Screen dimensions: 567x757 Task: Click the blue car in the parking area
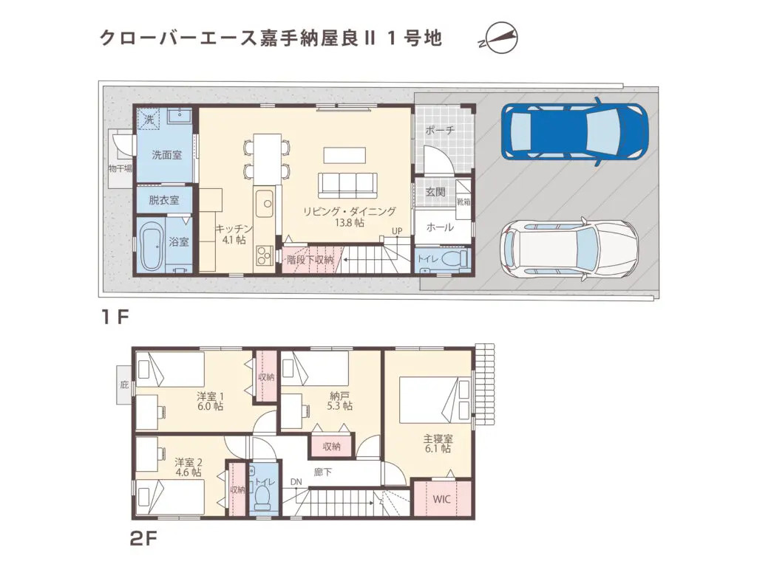574,131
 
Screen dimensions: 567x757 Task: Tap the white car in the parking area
568,249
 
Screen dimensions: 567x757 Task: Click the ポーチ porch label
440,130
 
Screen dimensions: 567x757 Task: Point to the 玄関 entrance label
435,192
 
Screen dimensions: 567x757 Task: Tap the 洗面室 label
166,154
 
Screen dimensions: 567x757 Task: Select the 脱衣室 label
163,199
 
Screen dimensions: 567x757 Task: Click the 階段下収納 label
310,260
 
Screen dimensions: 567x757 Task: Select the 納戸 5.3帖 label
340,400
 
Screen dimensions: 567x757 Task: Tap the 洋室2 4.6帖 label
188,468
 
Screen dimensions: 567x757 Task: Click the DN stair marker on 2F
296,482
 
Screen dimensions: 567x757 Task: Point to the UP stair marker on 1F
397,230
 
